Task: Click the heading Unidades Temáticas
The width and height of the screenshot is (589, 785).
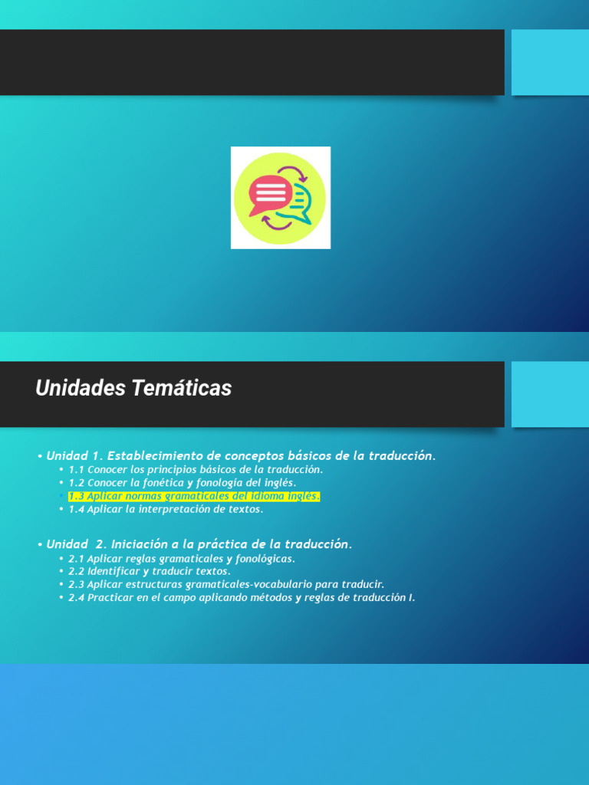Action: pyautogui.click(x=133, y=389)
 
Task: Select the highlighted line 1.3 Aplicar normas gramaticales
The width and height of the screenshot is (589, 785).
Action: pyautogui.click(x=194, y=496)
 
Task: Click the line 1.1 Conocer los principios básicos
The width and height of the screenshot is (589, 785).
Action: pyautogui.click(x=196, y=469)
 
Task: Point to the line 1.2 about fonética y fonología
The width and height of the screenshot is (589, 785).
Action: pyautogui.click(x=182, y=483)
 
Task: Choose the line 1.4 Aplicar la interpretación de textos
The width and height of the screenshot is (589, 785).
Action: pyautogui.click(x=166, y=509)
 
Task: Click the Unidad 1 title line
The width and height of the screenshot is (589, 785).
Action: pyautogui.click(x=241, y=456)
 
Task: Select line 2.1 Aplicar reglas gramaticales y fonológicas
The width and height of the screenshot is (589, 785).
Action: pyautogui.click(x=182, y=559)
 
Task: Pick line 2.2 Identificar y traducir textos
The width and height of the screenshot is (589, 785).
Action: pyautogui.click(x=150, y=572)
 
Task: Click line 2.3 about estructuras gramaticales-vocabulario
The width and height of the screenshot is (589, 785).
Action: pyautogui.click(x=226, y=585)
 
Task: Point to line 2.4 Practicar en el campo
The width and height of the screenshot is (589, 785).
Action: pyautogui.click(x=242, y=598)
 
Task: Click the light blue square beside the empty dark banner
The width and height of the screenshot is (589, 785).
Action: pyautogui.click(x=550, y=62)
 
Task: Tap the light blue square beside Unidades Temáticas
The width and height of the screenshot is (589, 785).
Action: pyautogui.click(x=550, y=394)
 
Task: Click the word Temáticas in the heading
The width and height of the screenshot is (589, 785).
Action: pyautogui.click(x=182, y=389)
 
